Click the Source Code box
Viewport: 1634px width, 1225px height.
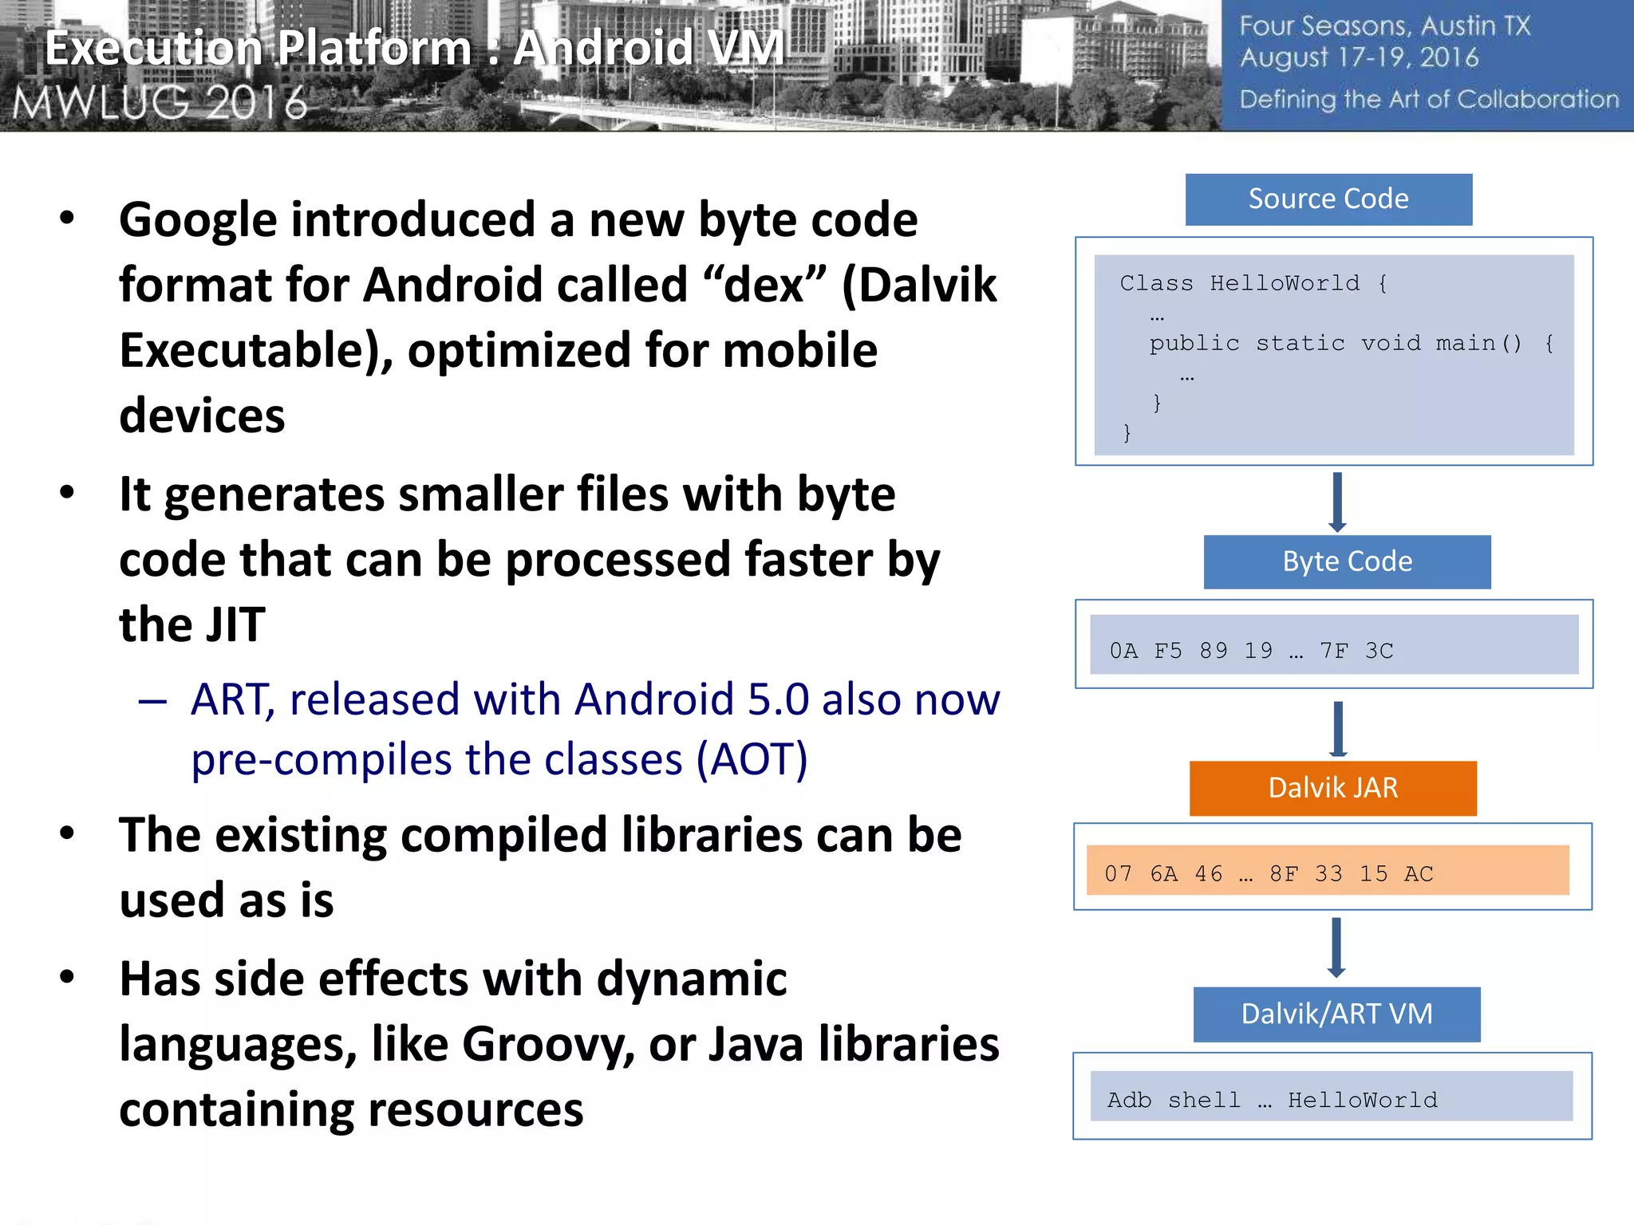[1328, 199]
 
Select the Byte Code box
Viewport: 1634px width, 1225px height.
[1347, 561]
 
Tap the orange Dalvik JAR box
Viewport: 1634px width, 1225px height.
[1332, 788]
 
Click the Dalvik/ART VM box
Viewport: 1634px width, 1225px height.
[1336, 1014]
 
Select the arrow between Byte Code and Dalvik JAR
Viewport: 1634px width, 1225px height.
[1338, 728]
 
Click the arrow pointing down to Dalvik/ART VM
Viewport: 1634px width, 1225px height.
[1336, 947]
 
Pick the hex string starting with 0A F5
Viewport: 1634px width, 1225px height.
[1251, 651]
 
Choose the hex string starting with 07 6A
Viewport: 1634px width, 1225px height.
[1269, 874]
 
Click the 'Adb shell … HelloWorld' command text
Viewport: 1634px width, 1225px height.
[1272, 1101]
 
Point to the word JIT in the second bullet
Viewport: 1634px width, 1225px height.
[232, 624]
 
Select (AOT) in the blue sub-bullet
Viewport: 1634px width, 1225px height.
[752, 759]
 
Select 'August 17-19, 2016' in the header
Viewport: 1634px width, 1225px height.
[1359, 58]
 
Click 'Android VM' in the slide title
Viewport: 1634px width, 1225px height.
[648, 48]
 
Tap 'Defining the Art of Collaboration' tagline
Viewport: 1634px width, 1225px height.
[1428, 100]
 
